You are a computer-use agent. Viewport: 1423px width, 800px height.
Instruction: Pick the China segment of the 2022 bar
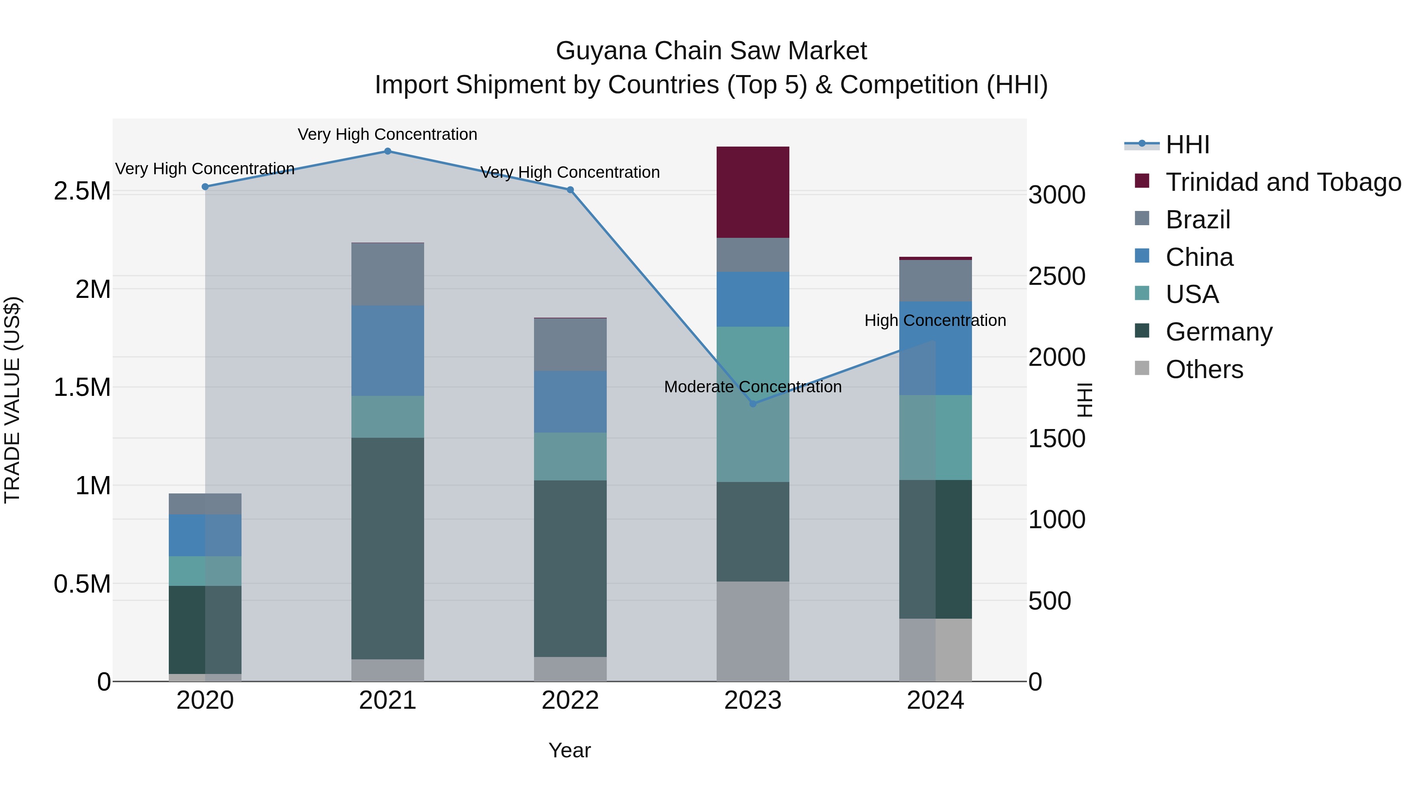pos(570,401)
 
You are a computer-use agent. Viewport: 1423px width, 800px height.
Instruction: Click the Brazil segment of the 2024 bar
pos(935,280)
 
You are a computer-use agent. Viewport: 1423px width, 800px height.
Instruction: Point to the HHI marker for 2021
pos(387,151)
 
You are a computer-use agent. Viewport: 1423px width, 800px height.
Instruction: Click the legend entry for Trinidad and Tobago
pos(1283,182)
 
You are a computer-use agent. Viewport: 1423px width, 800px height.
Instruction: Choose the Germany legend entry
pos(1219,332)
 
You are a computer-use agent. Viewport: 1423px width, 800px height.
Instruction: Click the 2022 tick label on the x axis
pos(570,700)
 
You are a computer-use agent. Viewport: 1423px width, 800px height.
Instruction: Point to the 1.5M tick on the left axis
pos(82,388)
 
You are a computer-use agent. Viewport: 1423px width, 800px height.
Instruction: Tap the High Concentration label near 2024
pos(935,320)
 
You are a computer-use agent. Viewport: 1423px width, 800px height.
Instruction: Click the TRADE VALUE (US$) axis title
pos(12,400)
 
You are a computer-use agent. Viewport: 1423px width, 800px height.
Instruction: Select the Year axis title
pos(570,750)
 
